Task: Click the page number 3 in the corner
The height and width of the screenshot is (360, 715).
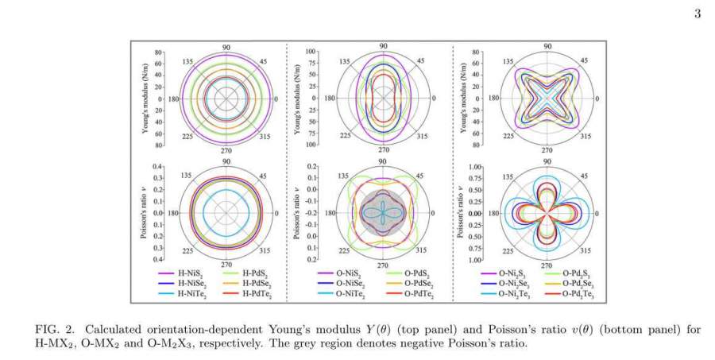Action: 698,14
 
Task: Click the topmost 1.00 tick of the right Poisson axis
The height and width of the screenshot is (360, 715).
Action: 474,168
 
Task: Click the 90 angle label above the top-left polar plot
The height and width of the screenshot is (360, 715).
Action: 226,46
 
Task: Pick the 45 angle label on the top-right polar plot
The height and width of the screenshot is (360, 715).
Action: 584,60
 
